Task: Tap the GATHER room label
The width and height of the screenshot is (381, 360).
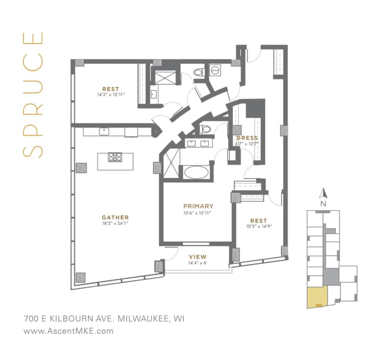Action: click(x=115, y=217)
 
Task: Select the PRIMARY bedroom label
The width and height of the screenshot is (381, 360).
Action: click(x=198, y=206)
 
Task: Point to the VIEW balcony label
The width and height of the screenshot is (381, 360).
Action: click(x=198, y=256)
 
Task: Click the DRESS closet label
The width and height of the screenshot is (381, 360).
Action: click(x=247, y=138)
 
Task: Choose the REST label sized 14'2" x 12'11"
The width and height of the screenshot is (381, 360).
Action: click(x=110, y=88)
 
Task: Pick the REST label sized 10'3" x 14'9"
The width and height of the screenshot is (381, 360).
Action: click(x=258, y=221)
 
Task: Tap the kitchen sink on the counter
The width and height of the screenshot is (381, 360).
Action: click(x=105, y=132)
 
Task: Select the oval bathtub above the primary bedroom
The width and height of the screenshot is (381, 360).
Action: click(x=196, y=173)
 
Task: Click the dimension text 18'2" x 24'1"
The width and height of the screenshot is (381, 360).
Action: click(x=115, y=223)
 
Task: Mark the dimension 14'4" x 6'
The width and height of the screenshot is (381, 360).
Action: click(x=198, y=263)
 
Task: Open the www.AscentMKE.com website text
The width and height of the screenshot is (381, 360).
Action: click(x=68, y=331)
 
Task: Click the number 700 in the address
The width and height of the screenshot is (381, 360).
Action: click(x=32, y=319)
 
